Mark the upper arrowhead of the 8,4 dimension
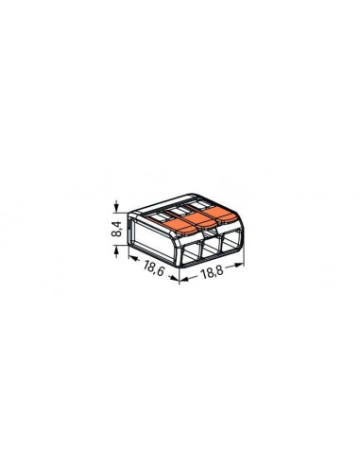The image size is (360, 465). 118,206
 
